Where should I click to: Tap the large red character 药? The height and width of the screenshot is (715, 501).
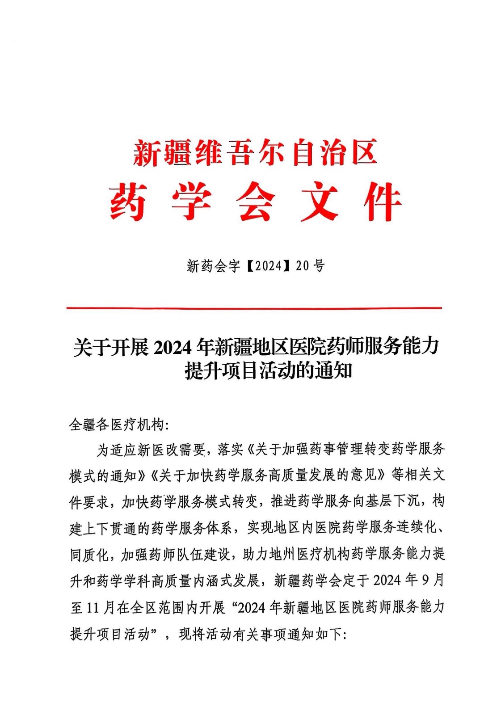128,202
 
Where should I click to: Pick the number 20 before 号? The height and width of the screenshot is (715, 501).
302,266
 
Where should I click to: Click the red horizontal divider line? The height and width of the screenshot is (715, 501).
254,308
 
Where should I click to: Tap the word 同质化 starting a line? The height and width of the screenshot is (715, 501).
89,555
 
